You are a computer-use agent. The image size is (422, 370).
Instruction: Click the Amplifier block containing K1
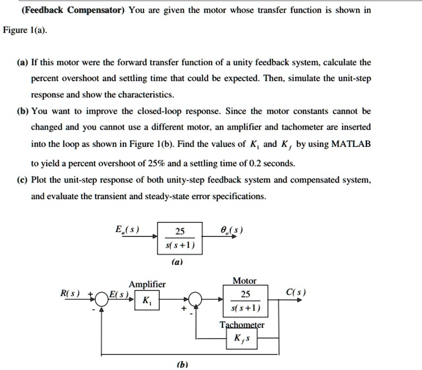click(146, 301)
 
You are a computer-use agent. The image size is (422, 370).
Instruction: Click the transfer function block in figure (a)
click(179, 238)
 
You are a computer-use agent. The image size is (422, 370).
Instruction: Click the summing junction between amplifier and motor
click(196, 299)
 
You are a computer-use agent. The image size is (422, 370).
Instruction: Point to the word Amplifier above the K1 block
click(147, 284)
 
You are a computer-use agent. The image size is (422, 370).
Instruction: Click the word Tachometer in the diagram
click(242, 325)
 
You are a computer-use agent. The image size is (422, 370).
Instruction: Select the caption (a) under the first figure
click(180, 259)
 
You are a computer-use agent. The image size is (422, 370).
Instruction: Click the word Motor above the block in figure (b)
click(245, 281)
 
